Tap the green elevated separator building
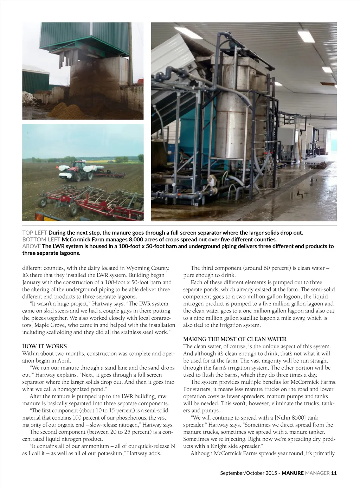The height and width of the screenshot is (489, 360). coord(84,39)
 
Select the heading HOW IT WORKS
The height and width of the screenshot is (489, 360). coord(44,347)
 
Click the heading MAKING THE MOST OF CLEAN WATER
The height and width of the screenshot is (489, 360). coord(235,339)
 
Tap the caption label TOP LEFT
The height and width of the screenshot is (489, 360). coord(34,233)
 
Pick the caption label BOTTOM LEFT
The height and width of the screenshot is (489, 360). coord(41,240)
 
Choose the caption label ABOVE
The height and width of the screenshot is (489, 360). coord(31,246)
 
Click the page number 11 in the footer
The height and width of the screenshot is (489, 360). coord(334,473)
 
